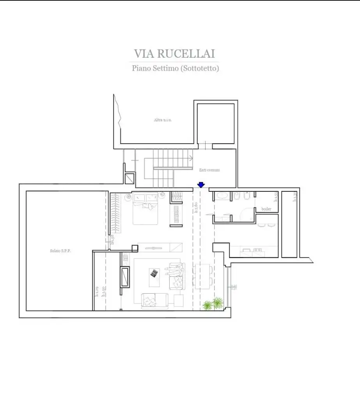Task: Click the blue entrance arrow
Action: (201, 185)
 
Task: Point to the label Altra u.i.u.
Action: (163, 120)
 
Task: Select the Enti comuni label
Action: (209, 170)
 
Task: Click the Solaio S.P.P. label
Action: (60, 251)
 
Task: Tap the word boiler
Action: (266, 209)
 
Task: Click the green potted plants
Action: (213, 304)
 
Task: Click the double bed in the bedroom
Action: (145, 209)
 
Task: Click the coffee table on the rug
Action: (154, 273)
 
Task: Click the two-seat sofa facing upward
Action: (153, 301)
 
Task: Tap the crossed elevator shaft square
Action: (129, 178)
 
